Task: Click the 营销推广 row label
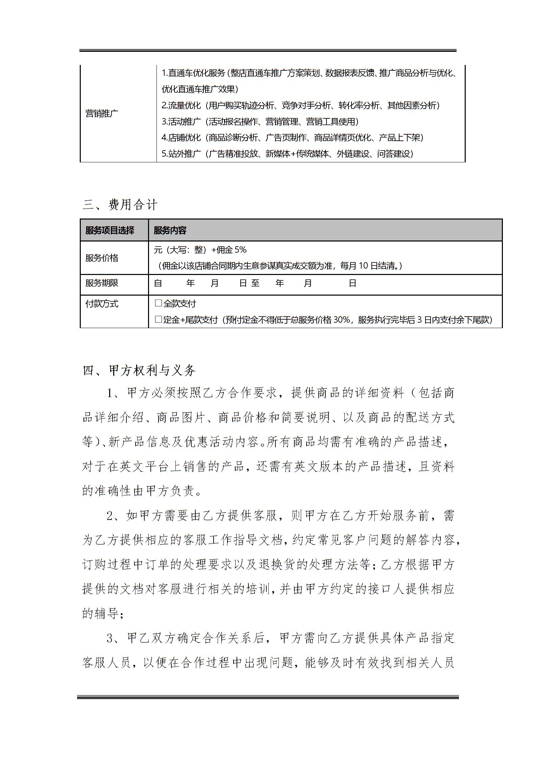click(x=102, y=113)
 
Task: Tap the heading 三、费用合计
click(x=120, y=205)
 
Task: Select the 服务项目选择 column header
click(x=110, y=231)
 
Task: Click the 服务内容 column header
click(x=170, y=231)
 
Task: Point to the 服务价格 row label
click(x=102, y=258)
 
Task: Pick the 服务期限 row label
click(x=102, y=283)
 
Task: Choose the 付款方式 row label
click(x=102, y=304)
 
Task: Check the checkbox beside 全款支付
click(x=158, y=303)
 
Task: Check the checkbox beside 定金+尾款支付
click(x=158, y=319)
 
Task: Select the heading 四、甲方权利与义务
click(x=139, y=371)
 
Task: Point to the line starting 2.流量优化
click(x=300, y=106)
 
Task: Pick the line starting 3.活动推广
click(x=260, y=122)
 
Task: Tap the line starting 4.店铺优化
click(x=292, y=138)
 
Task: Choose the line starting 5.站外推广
click(x=287, y=154)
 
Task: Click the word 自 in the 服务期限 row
click(x=158, y=283)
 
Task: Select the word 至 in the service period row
click(x=255, y=283)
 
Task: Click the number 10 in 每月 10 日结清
click(x=363, y=266)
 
